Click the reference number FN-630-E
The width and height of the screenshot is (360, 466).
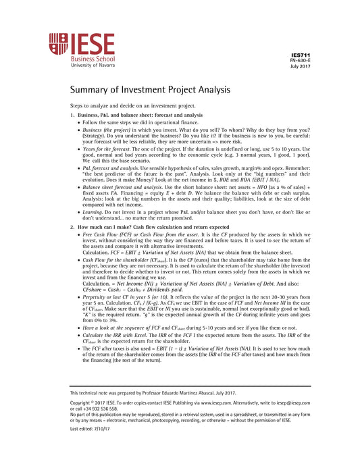tap(300, 59)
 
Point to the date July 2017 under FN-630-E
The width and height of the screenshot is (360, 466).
tap(301, 66)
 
